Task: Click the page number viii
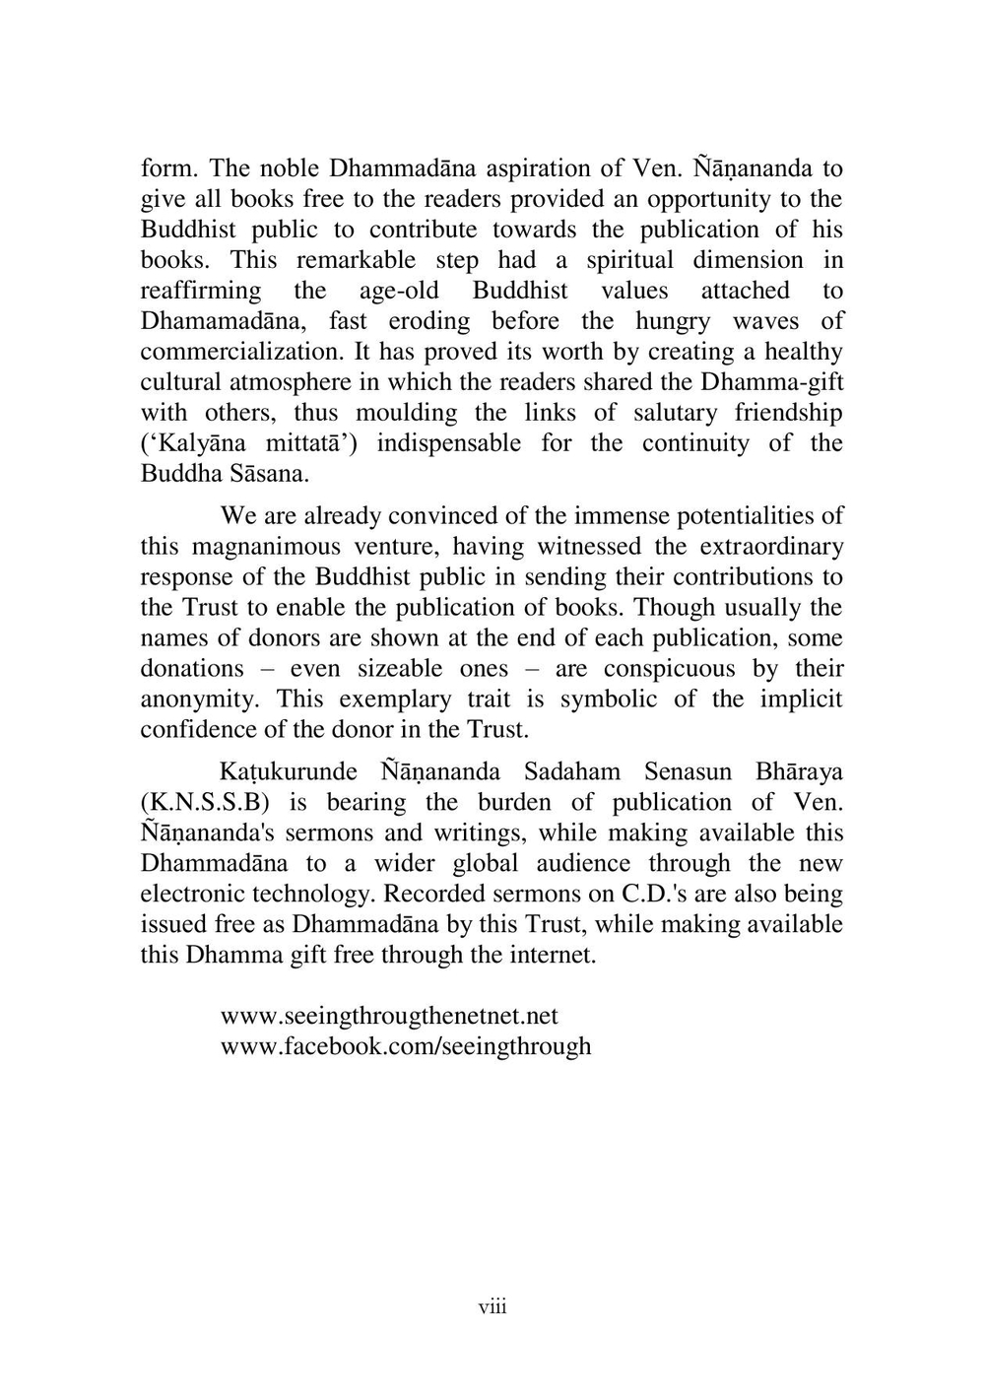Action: [x=492, y=1307]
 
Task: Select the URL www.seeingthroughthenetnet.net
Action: [x=389, y=1016]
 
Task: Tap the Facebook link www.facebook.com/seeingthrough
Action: [x=406, y=1046]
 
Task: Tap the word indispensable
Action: [x=449, y=443]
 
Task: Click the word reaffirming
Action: [x=201, y=291]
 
